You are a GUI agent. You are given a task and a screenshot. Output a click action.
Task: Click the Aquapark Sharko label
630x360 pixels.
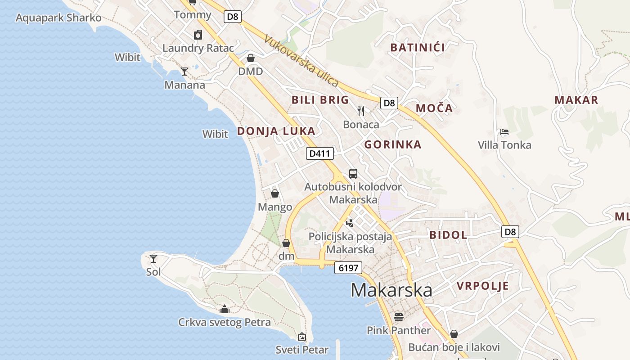point(58,18)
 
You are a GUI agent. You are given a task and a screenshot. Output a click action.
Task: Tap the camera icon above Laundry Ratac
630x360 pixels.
point(198,35)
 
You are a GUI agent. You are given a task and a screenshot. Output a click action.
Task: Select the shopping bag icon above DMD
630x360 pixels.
point(251,58)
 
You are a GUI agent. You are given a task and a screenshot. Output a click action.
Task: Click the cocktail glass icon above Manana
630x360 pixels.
point(184,71)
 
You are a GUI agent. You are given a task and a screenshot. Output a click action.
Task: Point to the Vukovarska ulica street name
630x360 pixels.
point(301,60)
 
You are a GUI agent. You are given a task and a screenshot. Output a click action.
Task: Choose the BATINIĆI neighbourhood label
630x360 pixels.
point(418,48)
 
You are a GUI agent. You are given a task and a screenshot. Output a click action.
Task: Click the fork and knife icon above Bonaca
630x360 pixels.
point(361,111)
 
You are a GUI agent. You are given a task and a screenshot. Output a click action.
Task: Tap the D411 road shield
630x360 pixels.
point(320,153)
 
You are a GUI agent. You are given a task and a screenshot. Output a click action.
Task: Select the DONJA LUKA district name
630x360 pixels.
point(276,131)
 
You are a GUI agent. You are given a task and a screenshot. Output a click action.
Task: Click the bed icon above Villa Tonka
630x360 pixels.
point(504,132)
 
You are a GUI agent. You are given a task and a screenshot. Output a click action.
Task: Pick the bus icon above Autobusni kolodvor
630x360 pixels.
point(353,173)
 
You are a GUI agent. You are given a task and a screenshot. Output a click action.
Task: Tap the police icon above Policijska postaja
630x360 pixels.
point(350,223)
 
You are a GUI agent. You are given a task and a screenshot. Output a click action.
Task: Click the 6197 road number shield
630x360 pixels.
point(348,268)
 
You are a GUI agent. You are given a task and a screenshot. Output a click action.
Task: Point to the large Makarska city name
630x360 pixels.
point(391,290)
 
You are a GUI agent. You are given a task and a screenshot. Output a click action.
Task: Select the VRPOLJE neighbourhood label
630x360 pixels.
point(483,286)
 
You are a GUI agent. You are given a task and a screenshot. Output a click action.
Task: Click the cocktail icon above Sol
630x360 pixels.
point(153,258)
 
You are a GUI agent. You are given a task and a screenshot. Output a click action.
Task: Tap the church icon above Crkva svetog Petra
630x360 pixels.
point(225,309)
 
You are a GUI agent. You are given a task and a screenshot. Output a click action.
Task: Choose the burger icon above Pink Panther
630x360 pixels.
point(398,317)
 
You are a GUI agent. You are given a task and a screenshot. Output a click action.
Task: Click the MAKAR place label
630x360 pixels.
point(576,100)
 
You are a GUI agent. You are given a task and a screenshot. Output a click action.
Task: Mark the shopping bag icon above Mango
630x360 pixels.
point(275,193)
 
